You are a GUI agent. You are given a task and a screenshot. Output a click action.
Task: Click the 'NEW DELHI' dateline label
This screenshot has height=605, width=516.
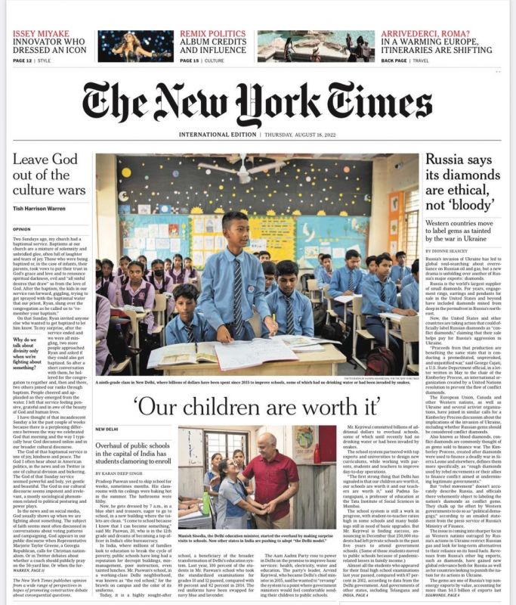[x=109, y=429]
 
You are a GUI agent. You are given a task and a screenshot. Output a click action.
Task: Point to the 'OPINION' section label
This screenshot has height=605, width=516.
[x=22, y=228]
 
